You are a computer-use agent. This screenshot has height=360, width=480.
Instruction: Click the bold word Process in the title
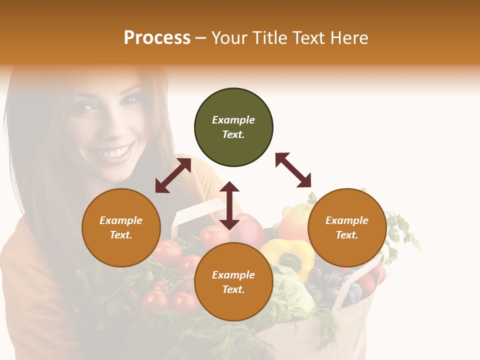coord(157,38)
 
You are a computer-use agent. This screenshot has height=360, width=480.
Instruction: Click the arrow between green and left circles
coord(173,175)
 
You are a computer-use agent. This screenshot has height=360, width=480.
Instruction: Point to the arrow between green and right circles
coord(293,170)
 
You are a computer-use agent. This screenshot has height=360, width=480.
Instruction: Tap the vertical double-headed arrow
coord(229,205)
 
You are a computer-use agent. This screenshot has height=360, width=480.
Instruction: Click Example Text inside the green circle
coord(233,127)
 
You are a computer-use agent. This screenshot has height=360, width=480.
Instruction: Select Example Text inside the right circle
coord(347,227)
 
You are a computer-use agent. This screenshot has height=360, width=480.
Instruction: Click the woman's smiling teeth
coord(117,152)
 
